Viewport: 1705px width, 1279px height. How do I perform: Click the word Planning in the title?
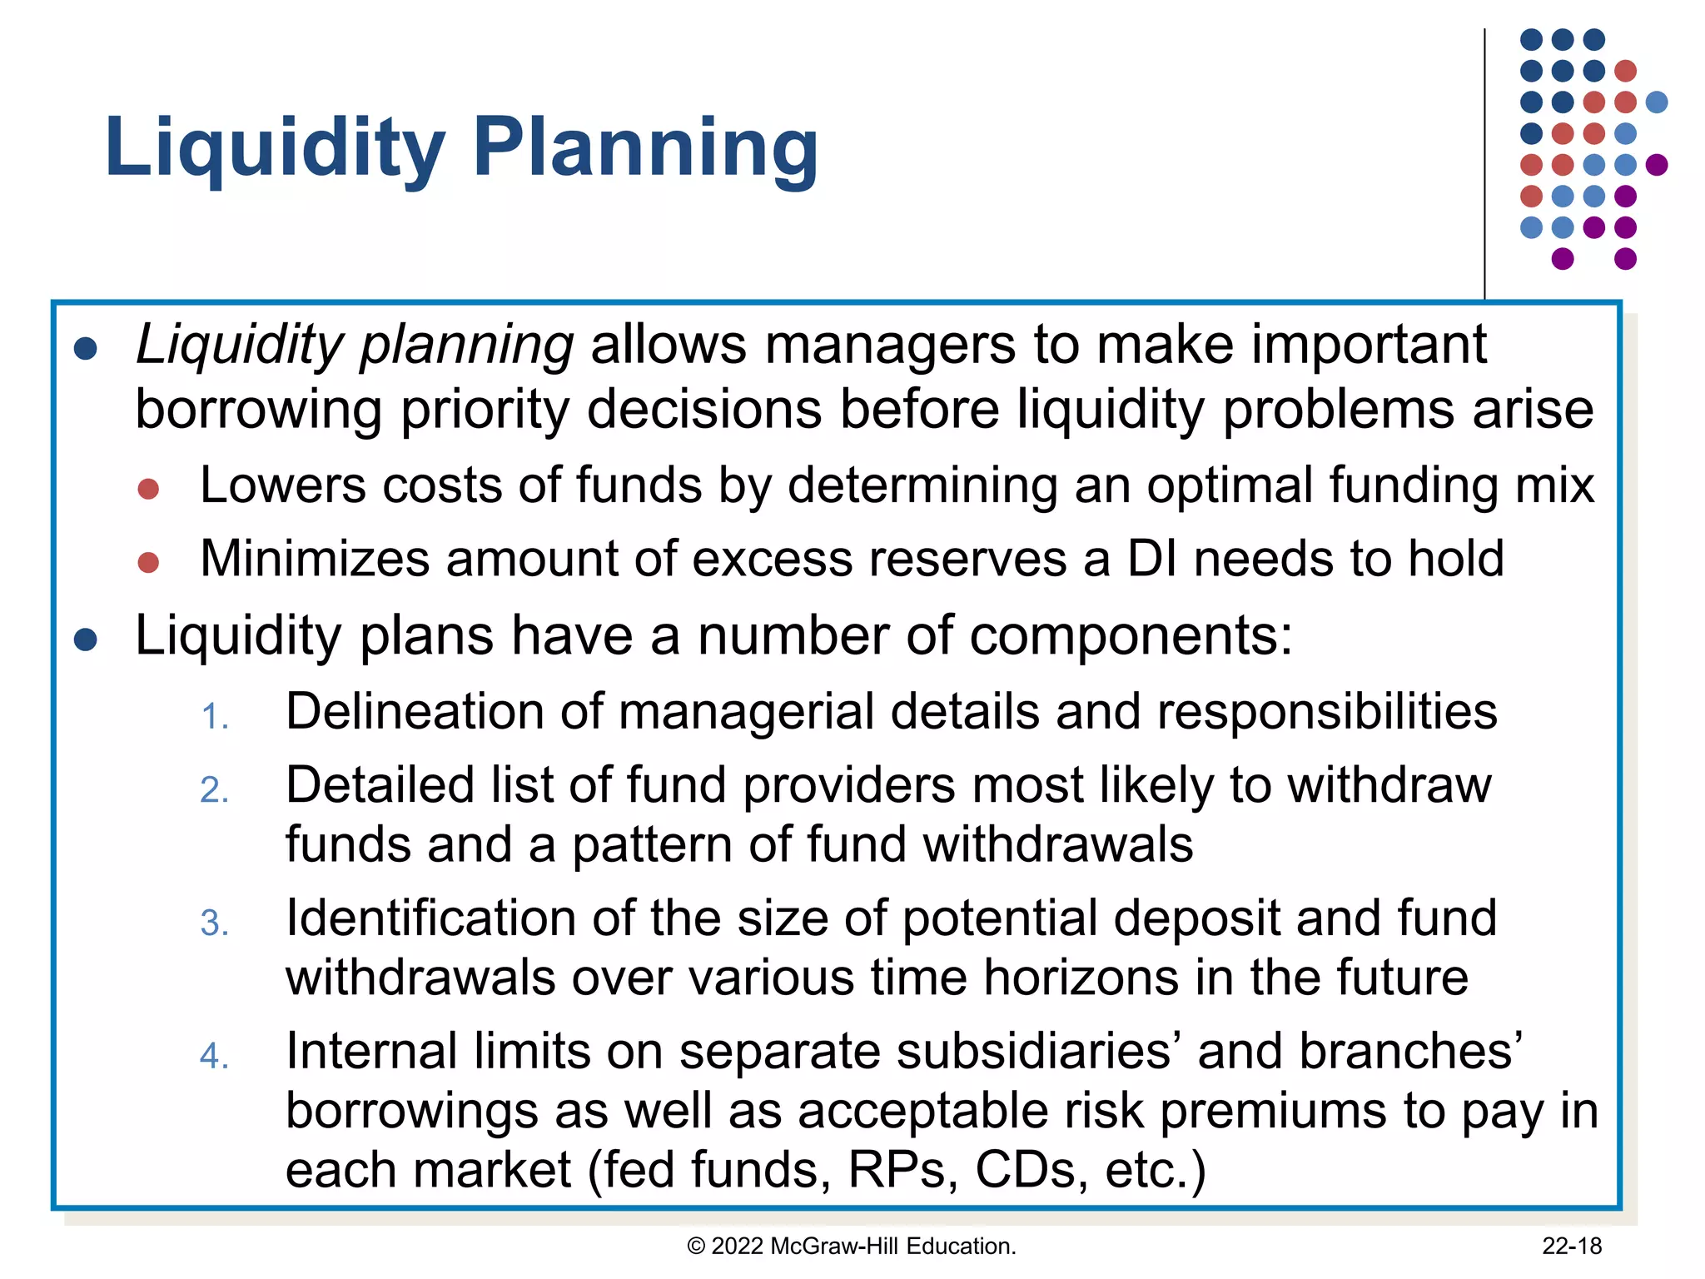click(x=645, y=148)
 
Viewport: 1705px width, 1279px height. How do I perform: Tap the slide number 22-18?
click(x=1571, y=1246)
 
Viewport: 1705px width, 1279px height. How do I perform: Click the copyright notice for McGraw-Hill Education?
click(x=852, y=1246)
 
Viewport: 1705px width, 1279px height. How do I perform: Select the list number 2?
click(x=214, y=789)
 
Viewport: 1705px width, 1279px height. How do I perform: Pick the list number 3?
click(x=214, y=923)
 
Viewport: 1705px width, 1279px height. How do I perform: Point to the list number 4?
click(x=214, y=1056)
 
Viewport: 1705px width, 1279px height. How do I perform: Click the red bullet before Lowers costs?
click(x=148, y=489)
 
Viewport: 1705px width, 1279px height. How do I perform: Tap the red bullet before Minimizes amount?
click(x=148, y=562)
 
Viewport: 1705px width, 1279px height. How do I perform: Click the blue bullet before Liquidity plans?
click(x=86, y=639)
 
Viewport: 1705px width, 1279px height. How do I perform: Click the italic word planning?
click(x=466, y=346)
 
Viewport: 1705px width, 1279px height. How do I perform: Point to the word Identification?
click(x=430, y=918)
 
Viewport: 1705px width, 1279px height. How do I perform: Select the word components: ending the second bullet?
click(x=1131, y=636)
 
